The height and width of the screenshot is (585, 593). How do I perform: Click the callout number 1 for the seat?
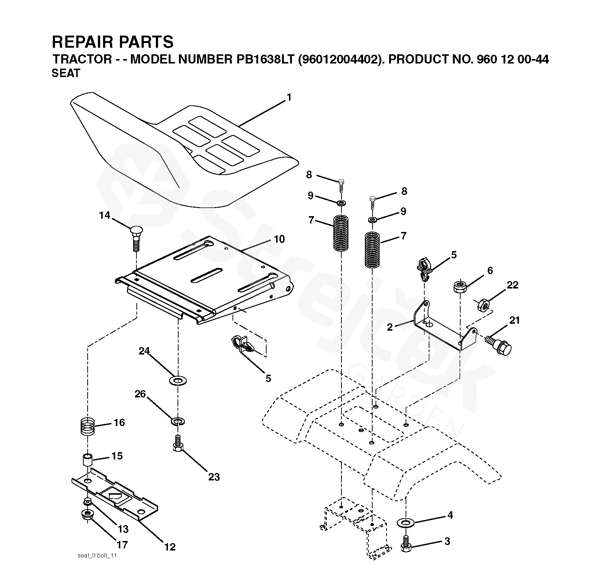pos(289,98)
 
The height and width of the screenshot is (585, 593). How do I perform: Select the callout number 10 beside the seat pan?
pos(279,239)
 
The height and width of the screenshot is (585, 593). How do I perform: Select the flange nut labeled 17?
pos(87,514)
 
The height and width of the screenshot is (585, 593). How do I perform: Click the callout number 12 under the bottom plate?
pos(170,547)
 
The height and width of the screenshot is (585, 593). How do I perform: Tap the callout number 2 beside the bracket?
pos(389,327)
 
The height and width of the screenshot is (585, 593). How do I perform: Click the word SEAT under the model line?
pos(66,73)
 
